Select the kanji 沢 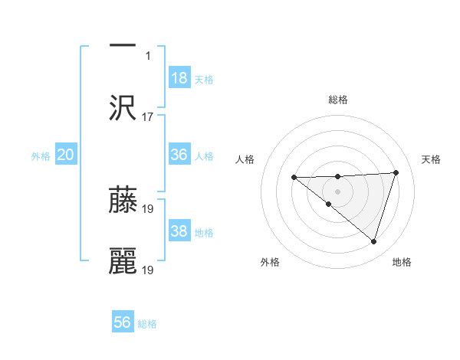click(x=123, y=108)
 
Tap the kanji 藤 click(x=123, y=200)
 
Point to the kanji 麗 click(x=123, y=261)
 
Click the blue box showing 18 click(x=179, y=78)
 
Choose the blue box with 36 click(x=179, y=155)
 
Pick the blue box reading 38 click(x=179, y=231)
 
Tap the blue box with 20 click(x=66, y=155)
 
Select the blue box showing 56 click(x=123, y=322)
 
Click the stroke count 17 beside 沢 click(x=148, y=116)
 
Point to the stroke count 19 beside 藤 click(x=148, y=208)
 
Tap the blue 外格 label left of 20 click(x=41, y=155)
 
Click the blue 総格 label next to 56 click(x=147, y=323)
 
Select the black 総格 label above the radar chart click(x=337, y=100)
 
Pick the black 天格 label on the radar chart click(x=432, y=159)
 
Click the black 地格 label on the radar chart click(x=402, y=262)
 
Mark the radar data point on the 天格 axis click(x=396, y=172)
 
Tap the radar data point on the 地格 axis click(x=373, y=241)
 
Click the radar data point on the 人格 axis click(x=294, y=178)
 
